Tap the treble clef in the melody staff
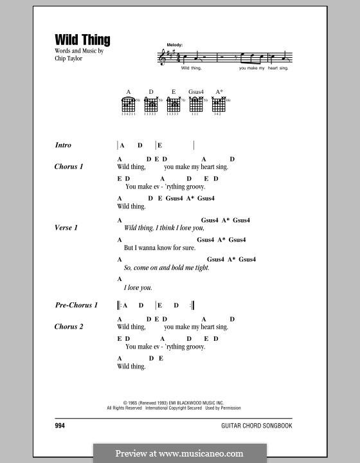pos(162,57)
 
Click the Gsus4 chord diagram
pos(195,106)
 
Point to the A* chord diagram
pos(219,106)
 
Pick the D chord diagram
pos(151,106)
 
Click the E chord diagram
pos(173,106)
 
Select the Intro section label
pos(64,146)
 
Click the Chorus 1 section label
pos(69,167)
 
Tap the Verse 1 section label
pos(67,228)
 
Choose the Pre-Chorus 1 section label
pos(76,305)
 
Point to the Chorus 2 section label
pos(69,326)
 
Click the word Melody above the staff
pos(175,44)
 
